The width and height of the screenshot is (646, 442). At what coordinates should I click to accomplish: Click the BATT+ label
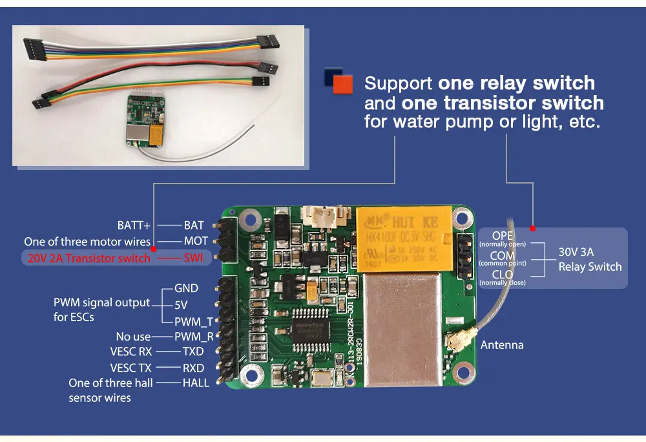[x=134, y=226]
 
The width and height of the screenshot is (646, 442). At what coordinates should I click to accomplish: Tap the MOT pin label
[x=196, y=242]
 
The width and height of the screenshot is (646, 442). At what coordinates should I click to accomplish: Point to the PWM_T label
[x=193, y=321]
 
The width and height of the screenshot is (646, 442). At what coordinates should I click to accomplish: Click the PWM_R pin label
[x=194, y=336]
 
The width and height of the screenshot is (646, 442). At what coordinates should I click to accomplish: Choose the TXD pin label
[x=193, y=352]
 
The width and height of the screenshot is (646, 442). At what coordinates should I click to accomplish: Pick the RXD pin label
[x=193, y=368]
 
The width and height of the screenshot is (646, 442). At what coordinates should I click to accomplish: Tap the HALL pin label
[x=196, y=383]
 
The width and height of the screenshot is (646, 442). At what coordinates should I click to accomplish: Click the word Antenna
[x=502, y=344]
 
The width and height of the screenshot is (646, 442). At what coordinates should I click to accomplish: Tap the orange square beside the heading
[x=344, y=84]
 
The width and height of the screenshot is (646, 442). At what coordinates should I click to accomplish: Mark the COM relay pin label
[x=503, y=257]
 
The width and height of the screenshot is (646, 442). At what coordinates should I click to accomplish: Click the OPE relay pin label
[x=503, y=235]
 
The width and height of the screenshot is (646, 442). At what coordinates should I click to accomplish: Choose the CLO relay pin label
[x=503, y=275]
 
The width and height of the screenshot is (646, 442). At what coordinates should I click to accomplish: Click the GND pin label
[x=186, y=288]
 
